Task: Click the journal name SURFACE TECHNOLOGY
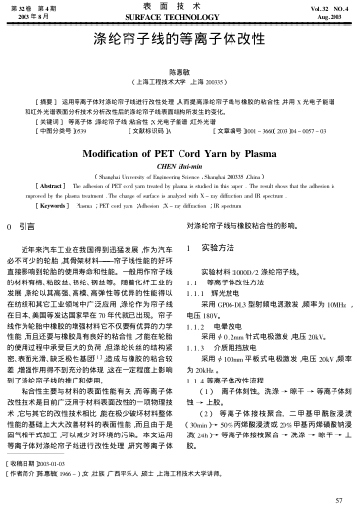[x=180, y=18]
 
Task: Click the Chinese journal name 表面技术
[x=180, y=7]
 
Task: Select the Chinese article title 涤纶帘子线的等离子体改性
[x=180, y=45]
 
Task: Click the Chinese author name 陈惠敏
[x=180, y=73]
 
